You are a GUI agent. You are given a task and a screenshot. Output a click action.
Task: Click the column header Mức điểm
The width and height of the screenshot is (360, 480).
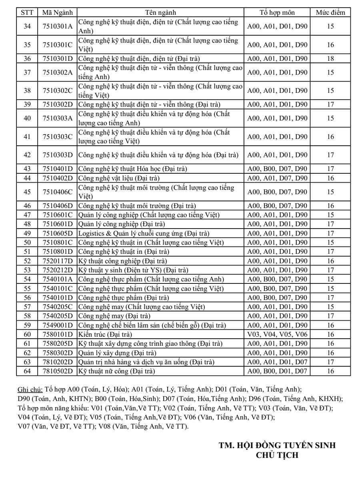[330, 13]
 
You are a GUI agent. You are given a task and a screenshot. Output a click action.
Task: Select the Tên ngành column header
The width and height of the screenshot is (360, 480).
[161, 13]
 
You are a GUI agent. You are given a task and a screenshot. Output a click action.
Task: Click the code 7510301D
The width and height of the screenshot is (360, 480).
[58, 59]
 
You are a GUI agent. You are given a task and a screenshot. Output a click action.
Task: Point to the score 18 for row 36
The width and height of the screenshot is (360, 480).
[330, 59]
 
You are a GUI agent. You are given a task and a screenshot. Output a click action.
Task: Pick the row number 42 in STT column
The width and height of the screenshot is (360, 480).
[27, 155]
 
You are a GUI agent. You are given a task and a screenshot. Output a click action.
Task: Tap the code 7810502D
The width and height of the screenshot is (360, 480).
[58, 371]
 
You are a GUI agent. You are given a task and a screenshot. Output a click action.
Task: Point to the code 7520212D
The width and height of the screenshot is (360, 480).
[58, 270]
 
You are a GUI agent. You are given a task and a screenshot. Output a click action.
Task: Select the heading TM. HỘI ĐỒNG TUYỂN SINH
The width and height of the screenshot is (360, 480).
[277, 446]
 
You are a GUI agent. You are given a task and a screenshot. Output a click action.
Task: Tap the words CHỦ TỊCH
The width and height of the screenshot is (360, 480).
[277, 455]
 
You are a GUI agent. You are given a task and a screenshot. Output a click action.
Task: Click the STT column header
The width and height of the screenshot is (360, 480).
[27, 13]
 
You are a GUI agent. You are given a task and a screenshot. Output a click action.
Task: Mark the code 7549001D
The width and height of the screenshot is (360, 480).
[58, 325]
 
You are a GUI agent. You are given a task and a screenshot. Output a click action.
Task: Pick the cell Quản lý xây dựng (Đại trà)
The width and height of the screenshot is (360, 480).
[117, 353]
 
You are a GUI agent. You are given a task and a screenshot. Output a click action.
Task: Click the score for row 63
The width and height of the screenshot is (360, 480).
[330, 362]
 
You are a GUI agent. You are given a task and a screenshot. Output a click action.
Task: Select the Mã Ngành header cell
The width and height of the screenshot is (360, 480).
[58, 13]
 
